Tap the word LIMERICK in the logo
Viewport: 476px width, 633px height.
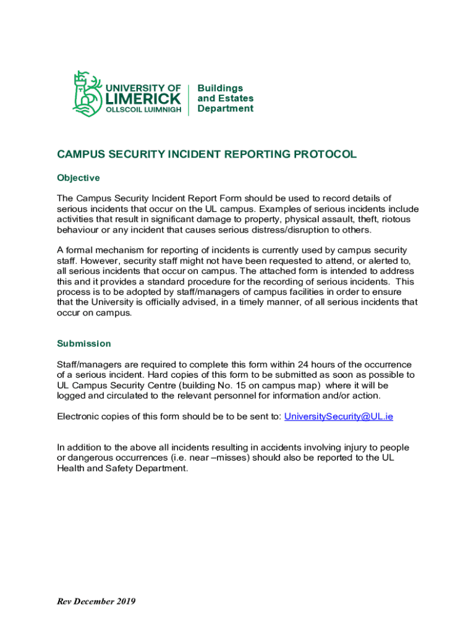144,99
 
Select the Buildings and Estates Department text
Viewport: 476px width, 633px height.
225,98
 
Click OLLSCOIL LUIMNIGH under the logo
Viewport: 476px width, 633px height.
143,110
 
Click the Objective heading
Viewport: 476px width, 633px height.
79,178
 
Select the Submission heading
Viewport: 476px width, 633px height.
84,344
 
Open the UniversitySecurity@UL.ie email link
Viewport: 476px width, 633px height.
338,416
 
